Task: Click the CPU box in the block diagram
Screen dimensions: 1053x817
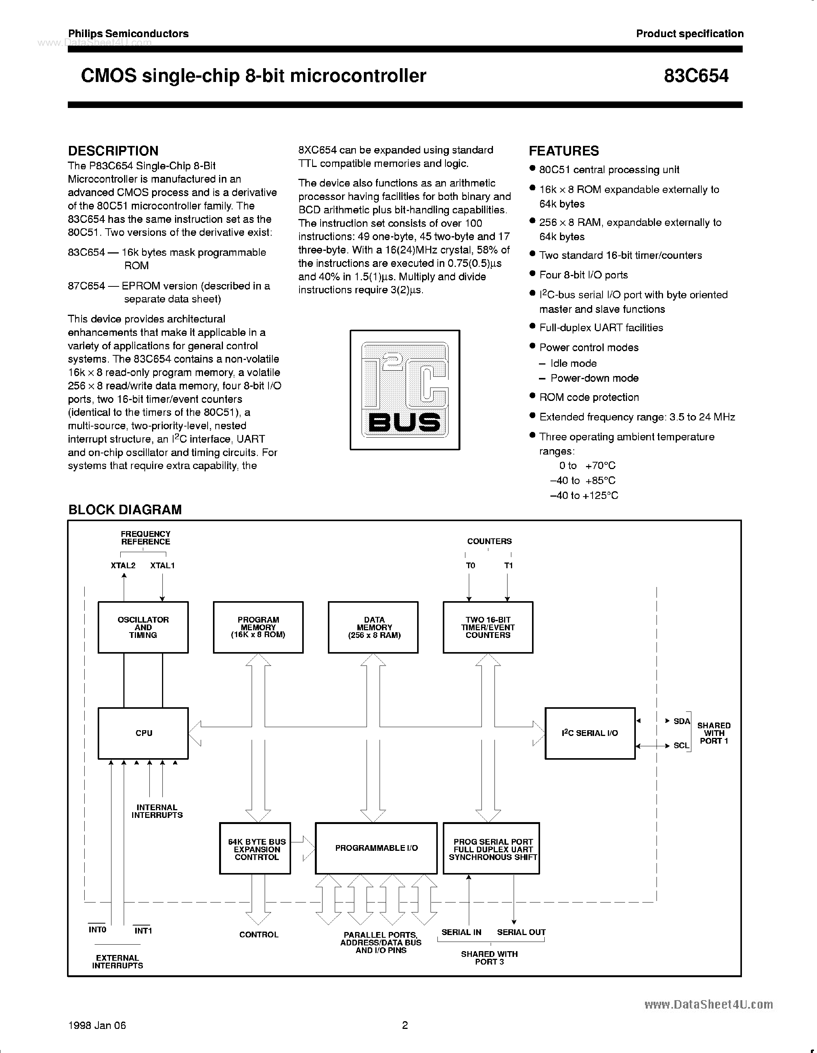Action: point(143,733)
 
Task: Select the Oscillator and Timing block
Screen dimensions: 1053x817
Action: point(143,627)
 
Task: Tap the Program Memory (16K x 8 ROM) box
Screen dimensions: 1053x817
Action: point(258,627)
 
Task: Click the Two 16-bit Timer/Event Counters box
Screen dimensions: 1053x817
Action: point(488,627)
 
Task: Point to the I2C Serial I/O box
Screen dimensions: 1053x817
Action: point(589,733)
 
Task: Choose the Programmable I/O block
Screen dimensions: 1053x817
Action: point(376,848)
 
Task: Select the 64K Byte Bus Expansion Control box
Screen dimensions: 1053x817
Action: point(255,849)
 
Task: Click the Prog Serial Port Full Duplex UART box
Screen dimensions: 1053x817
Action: point(491,849)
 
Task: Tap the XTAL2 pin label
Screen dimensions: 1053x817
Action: point(123,565)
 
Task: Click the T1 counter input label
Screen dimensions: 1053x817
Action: point(508,566)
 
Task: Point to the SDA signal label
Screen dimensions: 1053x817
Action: point(681,721)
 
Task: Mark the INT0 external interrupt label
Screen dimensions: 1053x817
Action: point(97,930)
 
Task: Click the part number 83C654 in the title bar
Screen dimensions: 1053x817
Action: point(696,76)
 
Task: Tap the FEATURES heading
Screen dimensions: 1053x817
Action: point(564,151)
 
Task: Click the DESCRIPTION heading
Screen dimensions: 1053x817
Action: point(113,151)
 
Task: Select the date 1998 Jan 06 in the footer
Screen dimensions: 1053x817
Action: point(97,1025)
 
